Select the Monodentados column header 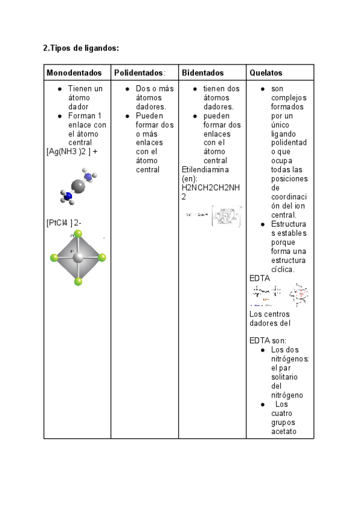coord(74,73)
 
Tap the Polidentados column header coord(139,73)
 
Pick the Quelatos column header coord(266,73)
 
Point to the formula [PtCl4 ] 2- coord(64,223)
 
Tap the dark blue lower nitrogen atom coord(68,196)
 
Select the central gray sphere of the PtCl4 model coord(77,258)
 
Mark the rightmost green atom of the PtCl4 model coord(102,258)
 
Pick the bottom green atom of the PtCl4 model coord(78,281)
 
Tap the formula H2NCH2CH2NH coord(210,188)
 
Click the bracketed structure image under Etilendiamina coord(227,216)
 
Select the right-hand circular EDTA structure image coord(299,294)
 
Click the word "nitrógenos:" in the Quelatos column coord(290,359)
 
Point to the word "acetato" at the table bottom coord(284,431)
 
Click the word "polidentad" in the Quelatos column coord(289,143)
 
